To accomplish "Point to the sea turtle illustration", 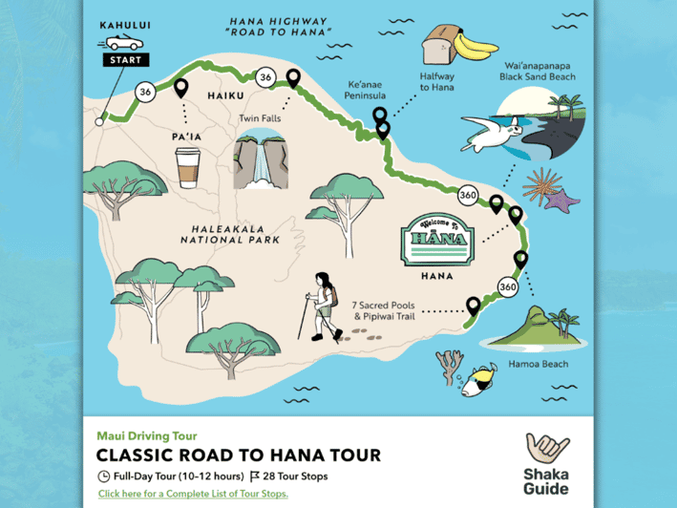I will pyautogui.click(x=493, y=133).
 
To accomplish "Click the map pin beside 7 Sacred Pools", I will pyautogui.click(x=472, y=306).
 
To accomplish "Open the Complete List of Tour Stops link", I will pyautogui.click(x=192, y=494).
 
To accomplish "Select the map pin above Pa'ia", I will pyautogui.click(x=180, y=89).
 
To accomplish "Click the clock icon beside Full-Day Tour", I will pyautogui.click(x=103, y=476).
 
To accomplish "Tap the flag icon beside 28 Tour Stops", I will pyautogui.click(x=255, y=476).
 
